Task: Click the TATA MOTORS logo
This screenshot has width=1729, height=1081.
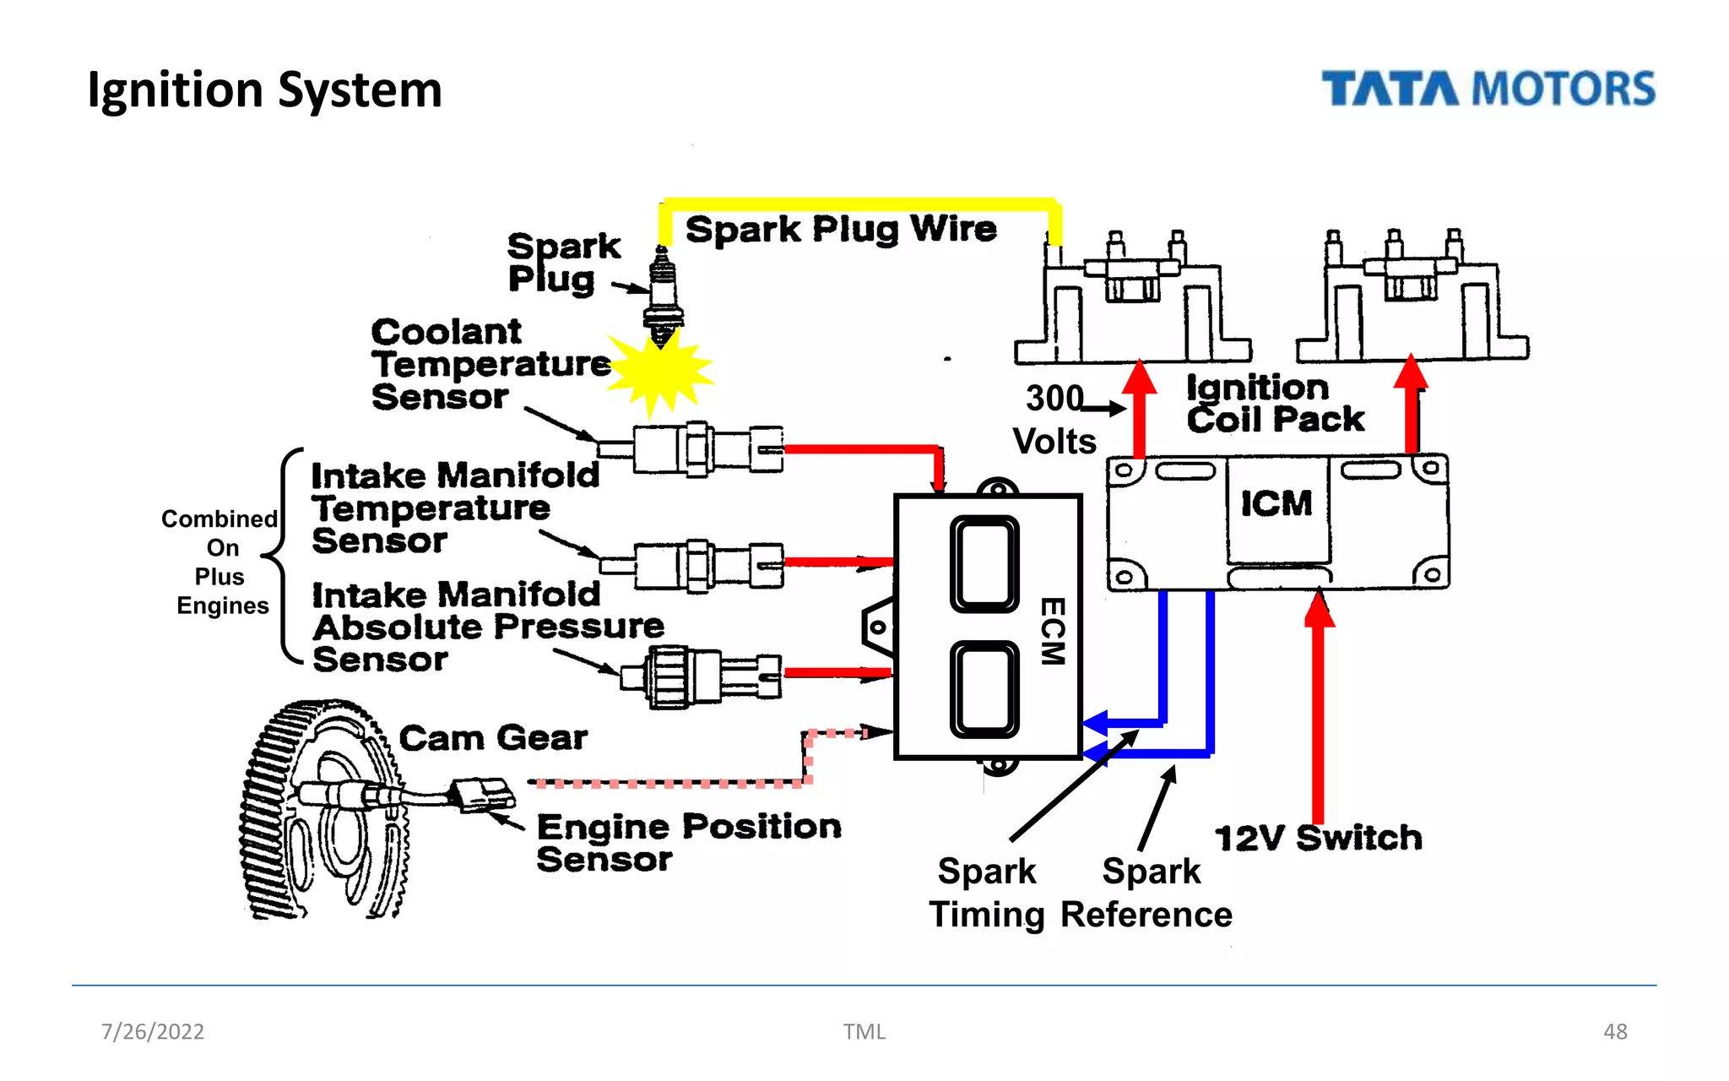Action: pos(1488,89)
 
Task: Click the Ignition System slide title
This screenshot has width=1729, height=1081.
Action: pos(264,90)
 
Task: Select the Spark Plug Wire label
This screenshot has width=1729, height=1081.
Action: pos(841,230)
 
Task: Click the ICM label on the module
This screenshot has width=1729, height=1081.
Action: pos(1276,504)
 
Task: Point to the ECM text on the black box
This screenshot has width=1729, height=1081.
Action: pos(1052,631)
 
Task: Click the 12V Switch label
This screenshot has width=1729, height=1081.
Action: pos(1318,838)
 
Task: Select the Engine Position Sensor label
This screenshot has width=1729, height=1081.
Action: pos(688,842)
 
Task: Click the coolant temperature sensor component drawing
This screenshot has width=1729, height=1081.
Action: pos(692,448)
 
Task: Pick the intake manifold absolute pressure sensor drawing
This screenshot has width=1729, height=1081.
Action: pos(701,676)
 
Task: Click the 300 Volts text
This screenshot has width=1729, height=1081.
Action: pos(1054,420)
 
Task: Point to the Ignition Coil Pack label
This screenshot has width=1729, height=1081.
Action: pos(1274,404)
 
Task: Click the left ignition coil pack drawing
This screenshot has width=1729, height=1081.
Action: pos(1132,304)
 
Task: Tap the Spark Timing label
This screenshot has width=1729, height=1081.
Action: pos(986,893)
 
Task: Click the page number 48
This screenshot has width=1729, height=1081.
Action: pos(1614,1031)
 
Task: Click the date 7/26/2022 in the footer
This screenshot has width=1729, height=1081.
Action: pos(153,1031)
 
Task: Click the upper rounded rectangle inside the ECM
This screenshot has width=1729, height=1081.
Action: pos(984,563)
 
